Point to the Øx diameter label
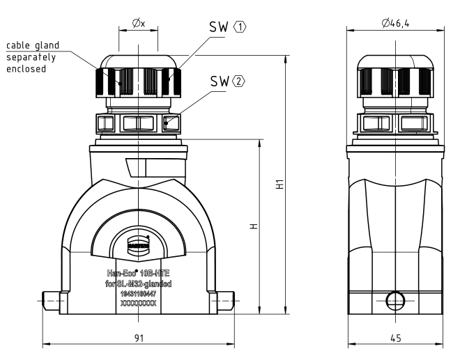pyautogui.click(x=139, y=23)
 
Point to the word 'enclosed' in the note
pyautogui.click(x=26, y=70)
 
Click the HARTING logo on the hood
pyautogui.click(x=139, y=242)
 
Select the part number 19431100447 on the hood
pyautogui.click(x=139, y=295)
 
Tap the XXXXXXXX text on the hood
pyautogui.click(x=139, y=304)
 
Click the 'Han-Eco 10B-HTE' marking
pyautogui.click(x=139, y=274)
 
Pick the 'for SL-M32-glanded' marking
pyautogui.click(x=139, y=284)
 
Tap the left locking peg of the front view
pyautogui.click(x=49, y=301)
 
